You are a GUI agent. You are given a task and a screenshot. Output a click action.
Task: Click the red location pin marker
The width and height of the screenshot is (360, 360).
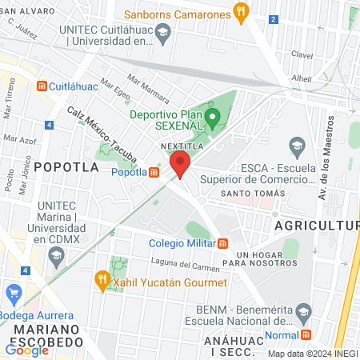point(180,166)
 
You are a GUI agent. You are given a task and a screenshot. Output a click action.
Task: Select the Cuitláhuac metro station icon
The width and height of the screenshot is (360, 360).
point(31,86)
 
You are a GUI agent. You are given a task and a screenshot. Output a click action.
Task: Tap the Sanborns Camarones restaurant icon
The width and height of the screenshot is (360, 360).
point(240,12)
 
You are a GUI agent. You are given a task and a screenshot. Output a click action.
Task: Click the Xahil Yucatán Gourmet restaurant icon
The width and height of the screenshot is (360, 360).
point(102,281)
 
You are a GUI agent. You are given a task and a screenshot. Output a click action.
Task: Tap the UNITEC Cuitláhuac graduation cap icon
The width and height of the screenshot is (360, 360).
point(164,34)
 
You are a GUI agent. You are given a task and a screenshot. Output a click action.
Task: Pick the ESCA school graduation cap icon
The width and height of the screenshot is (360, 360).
point(297,146)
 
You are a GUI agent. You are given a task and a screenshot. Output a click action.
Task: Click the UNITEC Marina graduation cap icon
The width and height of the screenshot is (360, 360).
point(56,257)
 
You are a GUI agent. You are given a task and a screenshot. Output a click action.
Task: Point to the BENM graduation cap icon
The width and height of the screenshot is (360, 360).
point(303,310)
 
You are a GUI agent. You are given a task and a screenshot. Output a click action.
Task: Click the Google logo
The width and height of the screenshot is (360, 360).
point(26,350)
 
